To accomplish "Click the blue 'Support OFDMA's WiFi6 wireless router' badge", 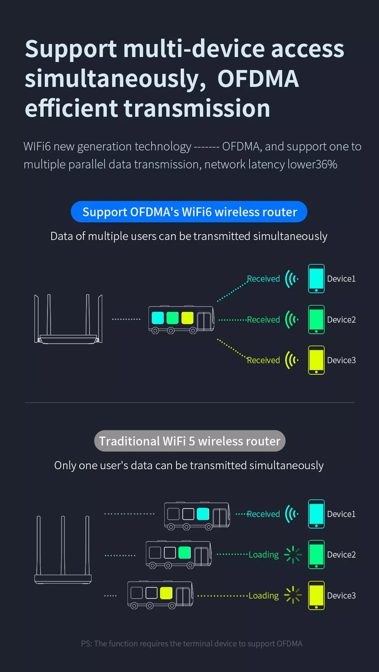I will (x=189, y=212).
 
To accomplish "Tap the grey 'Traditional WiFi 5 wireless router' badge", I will (x=189, y=441).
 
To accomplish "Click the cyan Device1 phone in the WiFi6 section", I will (x=316, y=279).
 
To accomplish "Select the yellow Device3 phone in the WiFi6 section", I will (x=316, y=360).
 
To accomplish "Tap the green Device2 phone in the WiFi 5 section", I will (x=316, y=555).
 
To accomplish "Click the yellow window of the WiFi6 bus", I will (x=187, y=318).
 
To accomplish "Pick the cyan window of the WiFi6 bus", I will (x=158, y=318).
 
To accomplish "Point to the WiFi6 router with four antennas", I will (x=68, y=320).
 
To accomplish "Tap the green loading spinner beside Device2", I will (x=293, y=555).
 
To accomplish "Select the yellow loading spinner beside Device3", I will (x=293, y=595).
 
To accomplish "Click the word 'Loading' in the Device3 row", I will (x=264, y=595).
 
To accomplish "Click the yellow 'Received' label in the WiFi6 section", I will (x=263, y=360).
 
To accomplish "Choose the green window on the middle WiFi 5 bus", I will (x=185, y=552).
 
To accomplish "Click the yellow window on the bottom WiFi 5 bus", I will (x=166, y=593).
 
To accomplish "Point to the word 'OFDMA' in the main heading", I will (x=258, y=79).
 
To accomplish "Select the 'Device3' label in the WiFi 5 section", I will (x=341, y=595).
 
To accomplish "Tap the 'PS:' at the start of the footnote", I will (x=86, y=644).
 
